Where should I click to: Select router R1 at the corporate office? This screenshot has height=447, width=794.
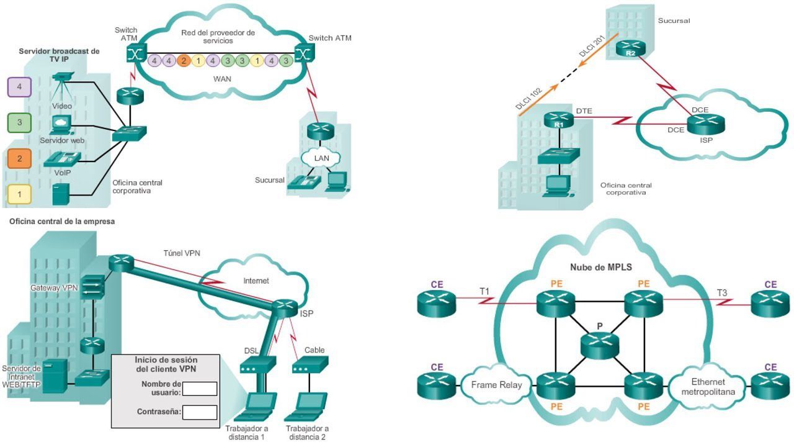point(559,120)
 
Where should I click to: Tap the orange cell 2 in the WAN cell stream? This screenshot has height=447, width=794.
point(183,61)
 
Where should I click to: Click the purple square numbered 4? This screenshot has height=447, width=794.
point(19,87)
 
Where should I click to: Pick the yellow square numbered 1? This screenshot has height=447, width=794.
point(19,194)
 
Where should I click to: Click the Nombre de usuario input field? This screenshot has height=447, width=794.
point(200,389)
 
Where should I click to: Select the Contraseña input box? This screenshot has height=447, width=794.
point(200,412)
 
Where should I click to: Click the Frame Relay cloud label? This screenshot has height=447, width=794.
point(496,385)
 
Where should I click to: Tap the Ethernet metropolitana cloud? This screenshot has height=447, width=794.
point(708,387)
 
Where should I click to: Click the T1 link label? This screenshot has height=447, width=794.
point(484,292)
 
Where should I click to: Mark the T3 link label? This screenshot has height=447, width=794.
point(722,292)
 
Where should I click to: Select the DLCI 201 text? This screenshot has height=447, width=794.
point(592,46)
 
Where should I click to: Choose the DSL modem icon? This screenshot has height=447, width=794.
point(257,364)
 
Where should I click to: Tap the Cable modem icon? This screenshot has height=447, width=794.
point(310,364)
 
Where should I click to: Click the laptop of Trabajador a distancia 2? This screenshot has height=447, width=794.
point(306,407)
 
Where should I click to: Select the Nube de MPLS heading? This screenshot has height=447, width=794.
point(601,267)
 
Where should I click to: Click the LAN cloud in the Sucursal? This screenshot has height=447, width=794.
point(321,158)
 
